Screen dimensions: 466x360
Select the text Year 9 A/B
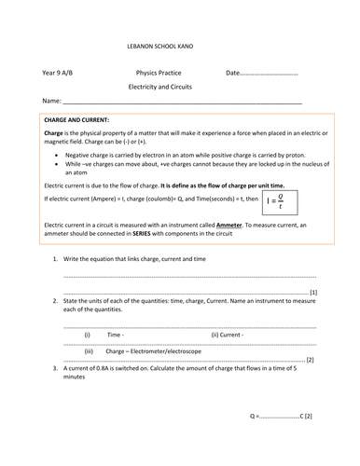coord(59,73)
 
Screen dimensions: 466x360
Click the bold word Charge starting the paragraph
coord(53,133)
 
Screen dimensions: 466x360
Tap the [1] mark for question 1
coord(313,293)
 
